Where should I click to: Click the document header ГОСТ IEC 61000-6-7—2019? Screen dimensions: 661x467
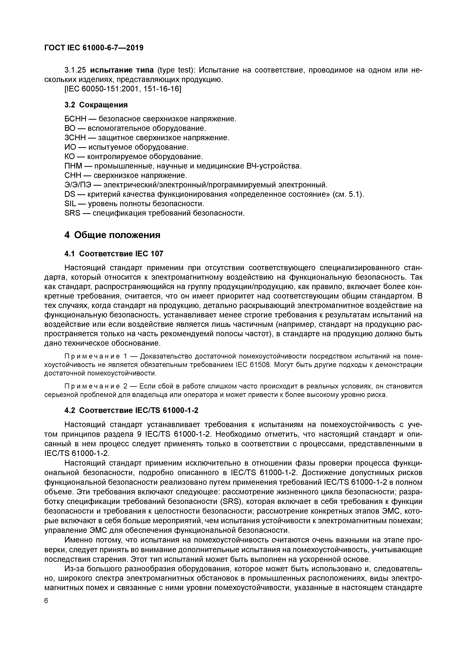[94, 48]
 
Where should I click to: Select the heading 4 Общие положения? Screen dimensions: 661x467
[112, 235]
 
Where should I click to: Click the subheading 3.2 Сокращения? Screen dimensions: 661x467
[96, 105]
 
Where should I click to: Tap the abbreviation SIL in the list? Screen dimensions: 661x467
[70, 204]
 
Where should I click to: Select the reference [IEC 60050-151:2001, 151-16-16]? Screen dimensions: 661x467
[123, 89]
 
